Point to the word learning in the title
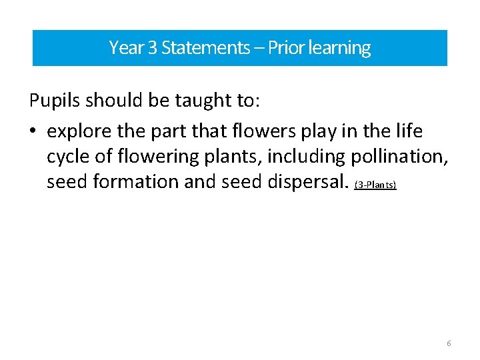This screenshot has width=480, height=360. pyautogui.click(x=338, y=48)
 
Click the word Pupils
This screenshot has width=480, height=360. pyautogui.click(x=55, y=101)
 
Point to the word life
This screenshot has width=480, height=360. pyautogui.click(x=408, y=129)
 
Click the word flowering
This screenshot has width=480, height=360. pyautogui.click(x=159, y=157)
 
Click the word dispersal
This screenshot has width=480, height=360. pyautogui.click(x=303, y=181)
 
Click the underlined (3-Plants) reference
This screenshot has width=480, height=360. pyautogui.click(x=375, y=185)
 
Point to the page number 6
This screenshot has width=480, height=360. pyautogui.click(x=449, y=343)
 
